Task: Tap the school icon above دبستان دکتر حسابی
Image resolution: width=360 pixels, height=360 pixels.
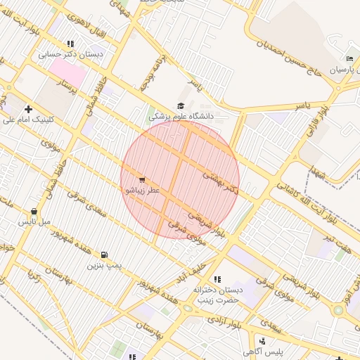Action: (x=70, y=44)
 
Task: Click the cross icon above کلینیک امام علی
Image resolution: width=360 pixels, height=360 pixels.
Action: (x=28, y=109)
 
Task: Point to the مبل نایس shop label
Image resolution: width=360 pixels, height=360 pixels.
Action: (x=34, y=221)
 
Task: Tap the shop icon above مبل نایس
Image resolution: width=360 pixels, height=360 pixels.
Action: (x=34, y=211)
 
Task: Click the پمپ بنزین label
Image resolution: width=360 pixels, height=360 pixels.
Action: (x=104, y=265)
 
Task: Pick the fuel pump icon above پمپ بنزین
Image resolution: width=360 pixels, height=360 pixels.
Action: (x=104, y=255)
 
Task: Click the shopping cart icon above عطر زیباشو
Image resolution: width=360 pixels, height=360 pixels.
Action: (x=143, y=180)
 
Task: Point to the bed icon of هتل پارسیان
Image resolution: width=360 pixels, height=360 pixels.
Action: (x=349, y=59)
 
